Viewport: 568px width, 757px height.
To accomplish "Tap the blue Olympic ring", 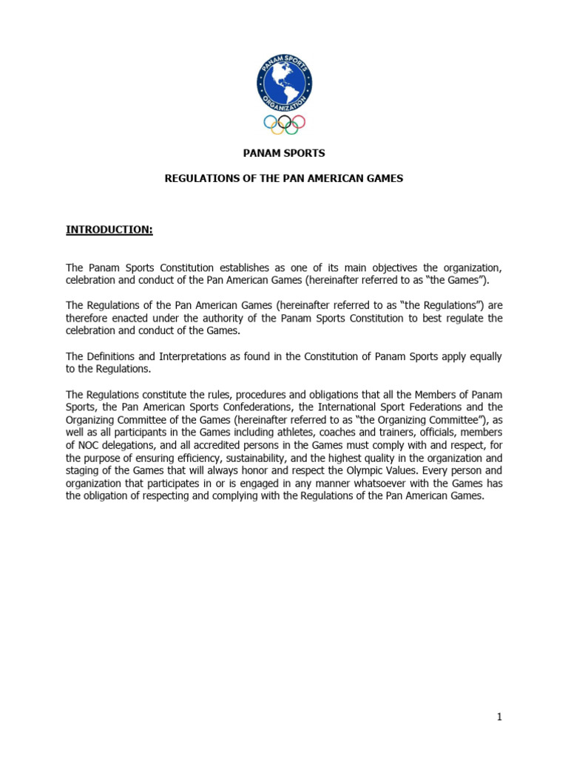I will tap(271, 122).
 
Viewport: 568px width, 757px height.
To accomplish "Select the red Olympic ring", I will tap(298, 122).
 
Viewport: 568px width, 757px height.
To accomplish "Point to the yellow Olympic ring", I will tap(277, 129).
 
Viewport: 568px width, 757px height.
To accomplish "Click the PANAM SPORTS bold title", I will tap(284, 153).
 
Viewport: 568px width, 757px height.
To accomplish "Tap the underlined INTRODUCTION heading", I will tap(109, 230).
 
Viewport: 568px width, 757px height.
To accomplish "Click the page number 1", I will tap(499, 716).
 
